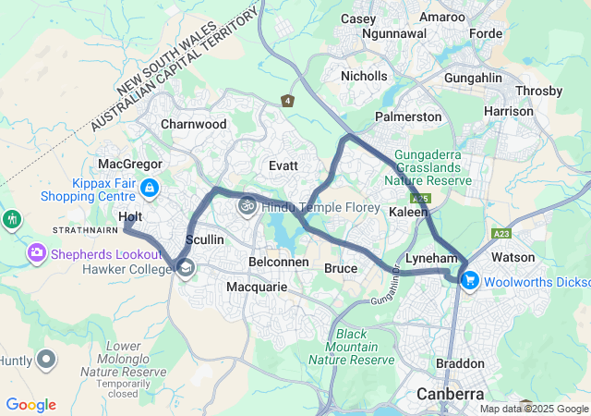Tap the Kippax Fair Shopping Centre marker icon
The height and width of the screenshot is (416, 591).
[150, 189]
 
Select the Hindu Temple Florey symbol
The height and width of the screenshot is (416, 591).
[247, 205]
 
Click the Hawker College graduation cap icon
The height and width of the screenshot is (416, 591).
[186, 268]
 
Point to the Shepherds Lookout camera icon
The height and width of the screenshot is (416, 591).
[38, 251]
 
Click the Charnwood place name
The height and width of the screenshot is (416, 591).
[193, 123]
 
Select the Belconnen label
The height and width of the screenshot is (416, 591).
[278, 262]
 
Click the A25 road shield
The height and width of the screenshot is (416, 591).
[422, 199]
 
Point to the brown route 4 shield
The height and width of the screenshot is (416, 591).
[289, 100]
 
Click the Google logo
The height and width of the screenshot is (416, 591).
[30, 405]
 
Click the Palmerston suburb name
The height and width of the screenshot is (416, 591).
[407, 117]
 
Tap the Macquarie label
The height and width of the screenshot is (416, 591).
[257, 288]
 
